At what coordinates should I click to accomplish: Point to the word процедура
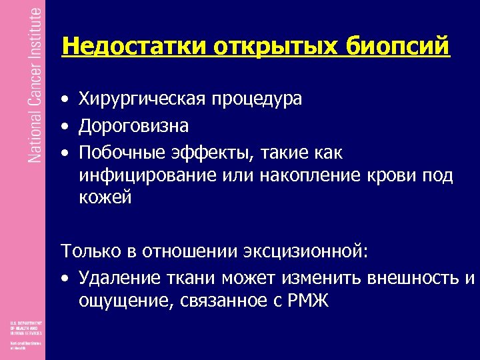coord(257,99)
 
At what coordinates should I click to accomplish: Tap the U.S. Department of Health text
coord(25,327)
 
